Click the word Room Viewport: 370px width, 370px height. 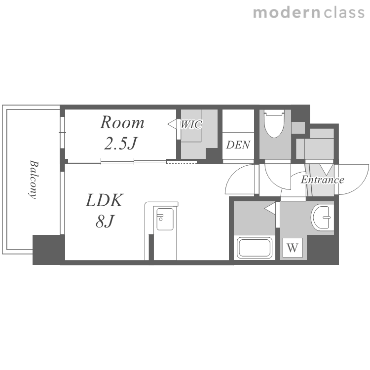[122, 122]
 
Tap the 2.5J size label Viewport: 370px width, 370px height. [120, 143]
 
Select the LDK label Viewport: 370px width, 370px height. [104, 200]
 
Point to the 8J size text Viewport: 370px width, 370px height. [105, 221]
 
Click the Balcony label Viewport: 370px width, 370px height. [33, 180]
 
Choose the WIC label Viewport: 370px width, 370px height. [191, 124]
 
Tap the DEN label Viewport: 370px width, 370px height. [238, 145]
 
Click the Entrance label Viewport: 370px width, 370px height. [322, 180]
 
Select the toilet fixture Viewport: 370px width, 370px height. [274, 123]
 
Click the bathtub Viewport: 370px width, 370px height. [255, 248]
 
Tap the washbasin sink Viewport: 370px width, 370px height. [322, 217]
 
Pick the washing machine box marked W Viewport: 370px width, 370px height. [293, 248]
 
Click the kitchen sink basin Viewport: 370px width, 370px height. [165, 219]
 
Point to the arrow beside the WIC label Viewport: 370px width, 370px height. [172, 124]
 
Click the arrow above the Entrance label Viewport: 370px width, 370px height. [326, 170]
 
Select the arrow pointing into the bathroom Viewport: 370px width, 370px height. [270, 208]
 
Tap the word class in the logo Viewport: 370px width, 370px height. [344, 13]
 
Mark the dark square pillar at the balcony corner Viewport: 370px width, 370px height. [49, 250]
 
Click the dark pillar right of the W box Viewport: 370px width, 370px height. [323, 250]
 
